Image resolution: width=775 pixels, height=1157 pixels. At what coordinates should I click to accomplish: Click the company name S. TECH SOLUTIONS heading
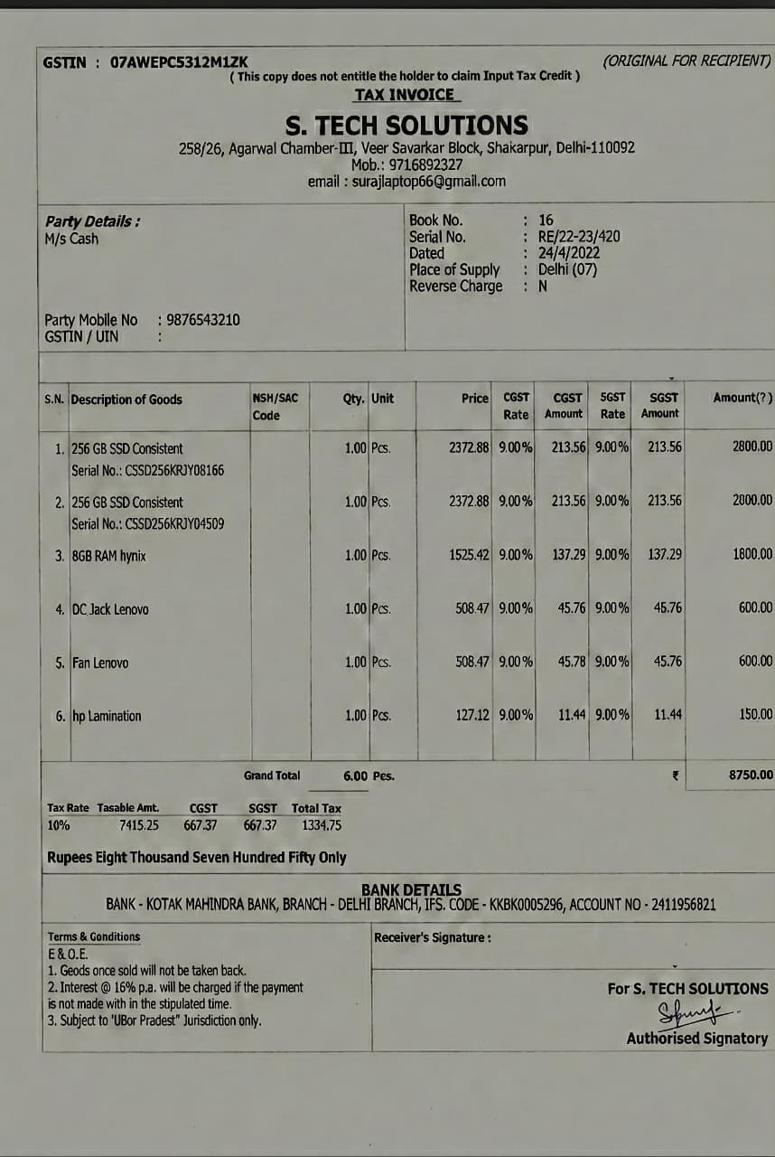[406, 125]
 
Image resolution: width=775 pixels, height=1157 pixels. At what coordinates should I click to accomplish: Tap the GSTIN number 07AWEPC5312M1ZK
[179, 62]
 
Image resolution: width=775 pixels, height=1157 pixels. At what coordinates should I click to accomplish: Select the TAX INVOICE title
[405, 95]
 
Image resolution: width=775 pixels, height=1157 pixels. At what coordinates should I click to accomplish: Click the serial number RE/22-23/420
[579, 237]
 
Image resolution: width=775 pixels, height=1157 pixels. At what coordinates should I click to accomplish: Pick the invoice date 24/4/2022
[569, 253]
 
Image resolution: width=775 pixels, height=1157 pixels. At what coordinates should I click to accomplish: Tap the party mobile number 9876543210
[199, 320]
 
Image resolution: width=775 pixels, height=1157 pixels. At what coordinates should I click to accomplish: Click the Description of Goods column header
[126, 400]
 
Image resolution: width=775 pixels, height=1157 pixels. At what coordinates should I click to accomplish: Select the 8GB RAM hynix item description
[109, 556]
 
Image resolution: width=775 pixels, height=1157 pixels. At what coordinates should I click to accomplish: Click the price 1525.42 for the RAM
[469, 555]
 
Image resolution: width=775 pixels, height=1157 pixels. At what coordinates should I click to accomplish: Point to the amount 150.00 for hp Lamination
[755, 715]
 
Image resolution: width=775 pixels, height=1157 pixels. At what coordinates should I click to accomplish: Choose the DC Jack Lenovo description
[110, 609]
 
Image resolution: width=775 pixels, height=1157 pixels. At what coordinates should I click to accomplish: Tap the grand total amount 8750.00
[751, 775]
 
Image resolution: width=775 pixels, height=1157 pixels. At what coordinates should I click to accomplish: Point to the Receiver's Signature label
[433, 937]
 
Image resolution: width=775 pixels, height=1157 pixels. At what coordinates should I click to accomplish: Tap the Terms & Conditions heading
[94, 936]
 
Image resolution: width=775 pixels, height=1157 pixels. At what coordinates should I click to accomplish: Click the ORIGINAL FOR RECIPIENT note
[687, 61]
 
